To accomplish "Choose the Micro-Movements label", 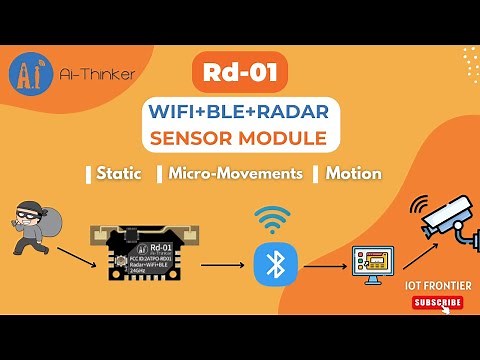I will click(235, 173).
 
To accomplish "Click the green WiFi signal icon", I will click(270, 219).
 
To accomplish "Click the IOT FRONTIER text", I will click(438, 286).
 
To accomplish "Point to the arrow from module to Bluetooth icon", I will click(222, 266).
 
